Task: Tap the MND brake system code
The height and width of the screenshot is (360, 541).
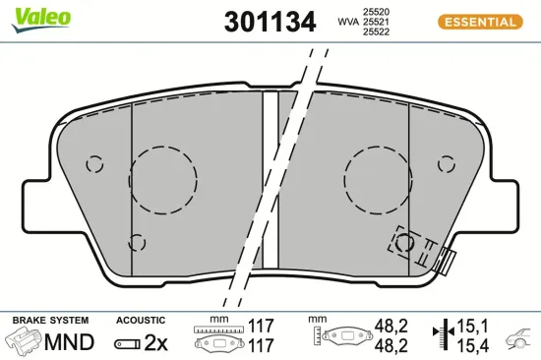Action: [x=70, y=342]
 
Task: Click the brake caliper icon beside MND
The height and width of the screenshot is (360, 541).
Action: [x=25, y=342]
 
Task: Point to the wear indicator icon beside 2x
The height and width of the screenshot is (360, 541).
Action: [x=128, y=343]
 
